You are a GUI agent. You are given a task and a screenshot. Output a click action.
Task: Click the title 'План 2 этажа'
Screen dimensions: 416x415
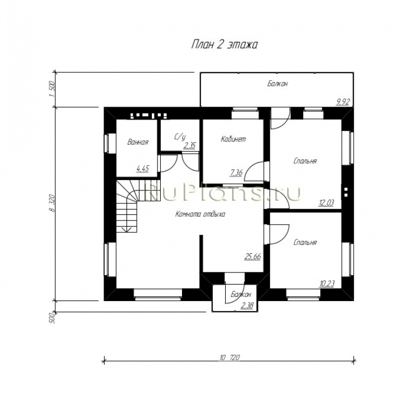[x=224, y=45]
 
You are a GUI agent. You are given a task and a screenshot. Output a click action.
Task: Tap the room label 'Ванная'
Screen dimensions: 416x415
[x=138, y=142]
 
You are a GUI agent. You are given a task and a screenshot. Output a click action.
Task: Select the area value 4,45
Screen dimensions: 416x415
[x=142, y=168]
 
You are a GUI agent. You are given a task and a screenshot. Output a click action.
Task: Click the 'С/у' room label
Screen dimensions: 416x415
[x=179, y=137]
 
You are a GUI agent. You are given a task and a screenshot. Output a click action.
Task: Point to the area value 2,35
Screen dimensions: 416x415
[x=189, y=146]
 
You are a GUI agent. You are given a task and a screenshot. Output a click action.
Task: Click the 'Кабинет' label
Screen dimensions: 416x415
[x=233, y=139]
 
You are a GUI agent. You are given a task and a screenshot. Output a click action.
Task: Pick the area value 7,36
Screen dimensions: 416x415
[x=236, y=173]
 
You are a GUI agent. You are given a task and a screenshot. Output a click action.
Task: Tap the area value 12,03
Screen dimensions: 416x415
[x=326, y=203]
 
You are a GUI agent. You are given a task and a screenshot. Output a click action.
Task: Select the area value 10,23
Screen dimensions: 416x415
[x=327, y=283]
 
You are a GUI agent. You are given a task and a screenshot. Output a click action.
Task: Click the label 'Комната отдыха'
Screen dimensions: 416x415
[x=200, y=214]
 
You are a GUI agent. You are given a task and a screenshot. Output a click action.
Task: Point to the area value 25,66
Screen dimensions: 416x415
[x=253, y=256]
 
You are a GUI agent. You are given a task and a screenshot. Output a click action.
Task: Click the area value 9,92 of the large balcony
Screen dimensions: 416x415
[x=343, y=101]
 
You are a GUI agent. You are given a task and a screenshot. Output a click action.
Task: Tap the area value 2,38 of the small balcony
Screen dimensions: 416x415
[x=246, y=306]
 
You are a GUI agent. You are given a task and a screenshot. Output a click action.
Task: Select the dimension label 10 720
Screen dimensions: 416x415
[x=229, y=358]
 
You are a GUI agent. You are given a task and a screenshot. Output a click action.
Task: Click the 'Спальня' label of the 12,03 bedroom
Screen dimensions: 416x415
[x=305, y=161]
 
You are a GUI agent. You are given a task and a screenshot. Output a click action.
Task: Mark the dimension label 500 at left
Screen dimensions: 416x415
[x=52, y=318]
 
